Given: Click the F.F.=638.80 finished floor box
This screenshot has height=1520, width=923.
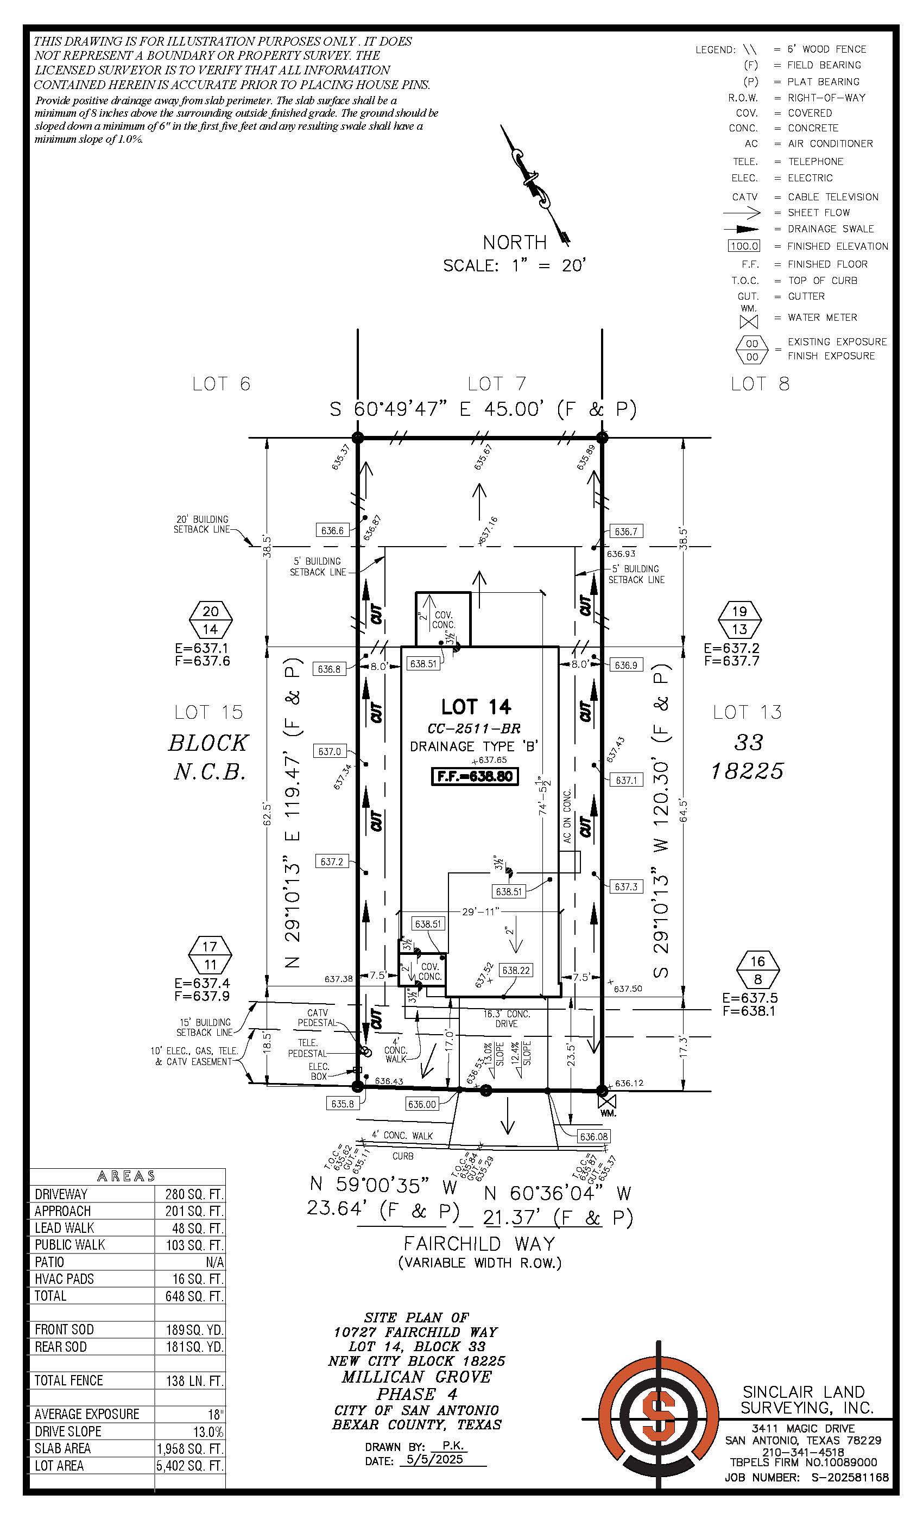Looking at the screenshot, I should point(475,776).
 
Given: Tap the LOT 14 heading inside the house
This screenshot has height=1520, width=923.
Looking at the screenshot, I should point(476,706).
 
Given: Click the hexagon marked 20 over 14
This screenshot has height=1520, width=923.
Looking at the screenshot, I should point(211,620).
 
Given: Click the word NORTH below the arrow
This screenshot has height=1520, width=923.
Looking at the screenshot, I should point(515,243).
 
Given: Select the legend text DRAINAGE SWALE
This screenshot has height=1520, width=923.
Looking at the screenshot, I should point(831,229).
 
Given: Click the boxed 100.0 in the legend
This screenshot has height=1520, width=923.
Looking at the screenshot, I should point(744,246).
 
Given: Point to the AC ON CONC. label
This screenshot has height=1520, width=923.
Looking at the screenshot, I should point(567,815).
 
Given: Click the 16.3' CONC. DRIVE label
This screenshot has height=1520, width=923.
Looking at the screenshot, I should point(506,1018).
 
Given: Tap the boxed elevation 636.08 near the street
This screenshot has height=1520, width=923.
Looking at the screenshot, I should point(593,1136).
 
